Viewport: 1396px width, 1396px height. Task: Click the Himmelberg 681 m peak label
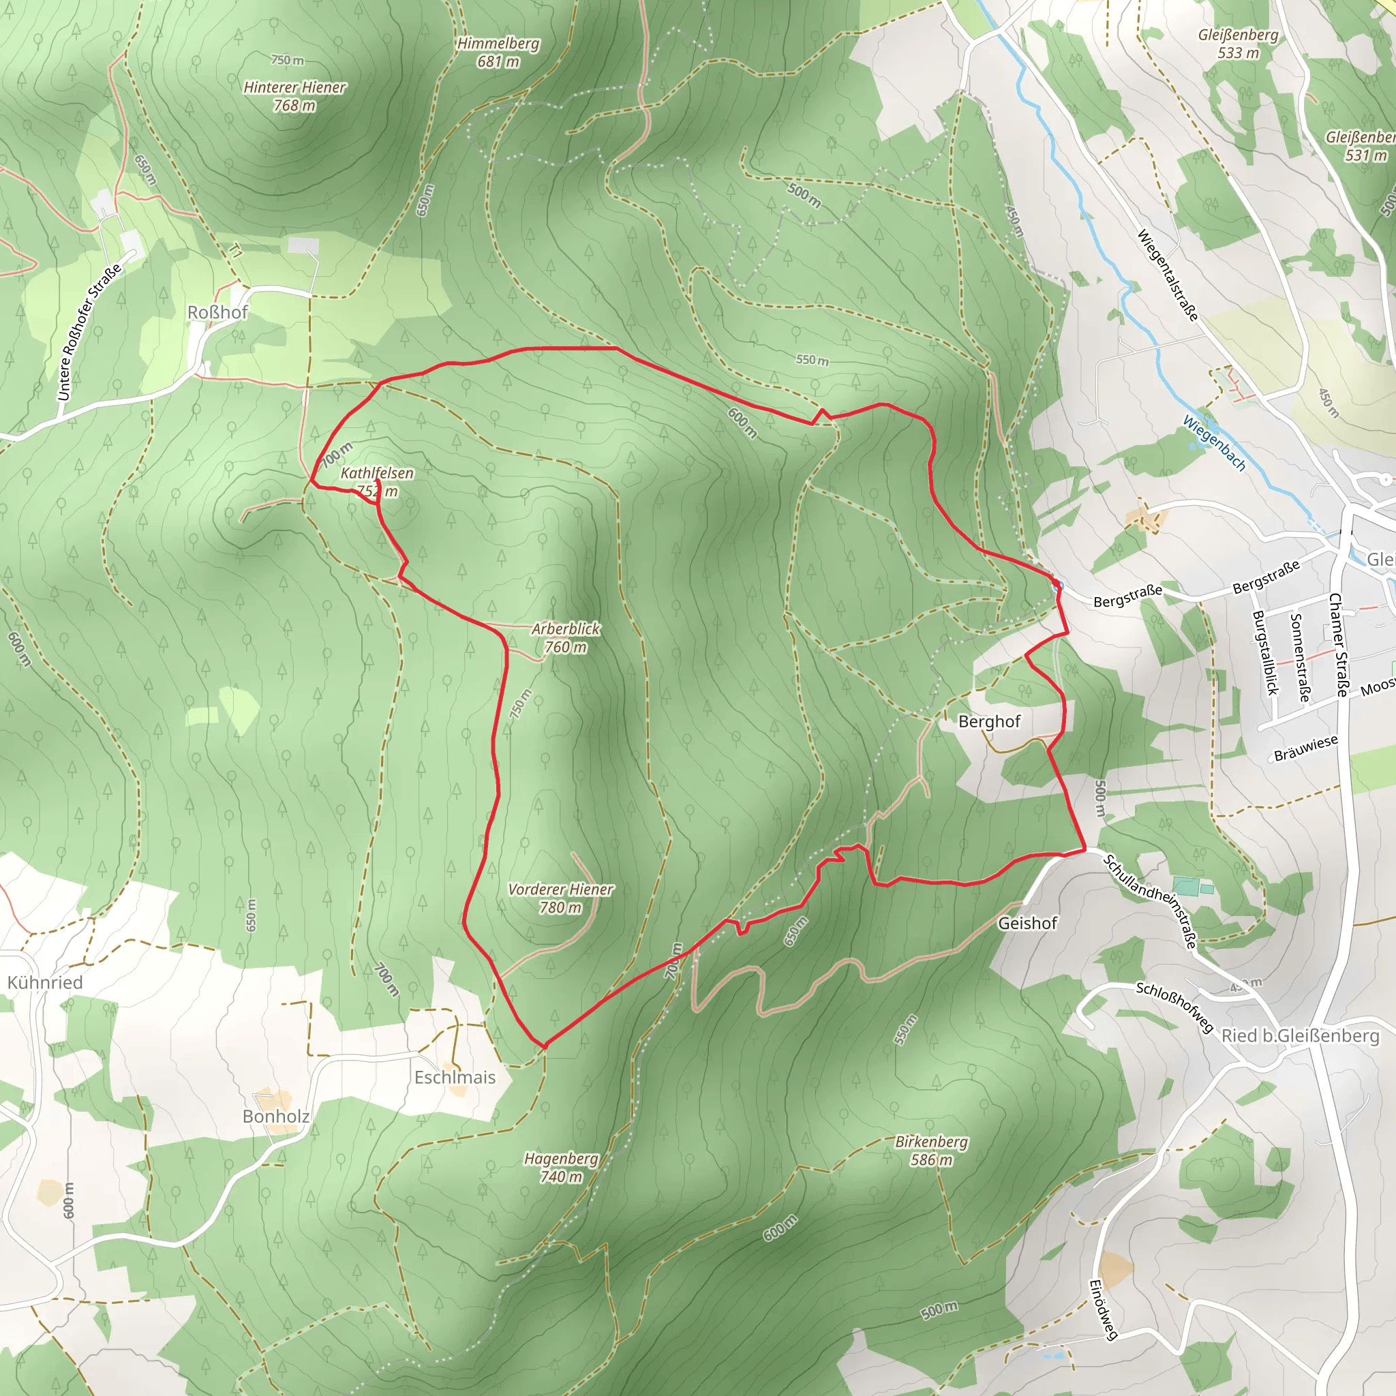[498, 52]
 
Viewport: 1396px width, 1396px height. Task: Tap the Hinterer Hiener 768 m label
[294, 96]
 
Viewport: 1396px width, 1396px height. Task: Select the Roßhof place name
[217, 312]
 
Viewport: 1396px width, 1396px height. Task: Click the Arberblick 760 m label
[566, 637]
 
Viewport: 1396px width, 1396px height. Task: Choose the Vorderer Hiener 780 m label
[561, 898]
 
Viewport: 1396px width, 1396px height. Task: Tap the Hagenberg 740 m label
[562, 1167]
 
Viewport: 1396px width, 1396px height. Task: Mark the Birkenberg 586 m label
[931, 1151]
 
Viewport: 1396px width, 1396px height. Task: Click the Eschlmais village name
[455, 1078]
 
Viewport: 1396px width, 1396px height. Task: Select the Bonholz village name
[276, 1117]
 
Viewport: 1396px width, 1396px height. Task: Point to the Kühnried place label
[45, 983]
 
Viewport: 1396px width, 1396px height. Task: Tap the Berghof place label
[989, 721]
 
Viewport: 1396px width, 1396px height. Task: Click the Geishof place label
[1027, 923]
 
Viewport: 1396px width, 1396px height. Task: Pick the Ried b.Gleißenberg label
[1300, 1035]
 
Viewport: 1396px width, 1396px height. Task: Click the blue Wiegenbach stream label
[1215, 443]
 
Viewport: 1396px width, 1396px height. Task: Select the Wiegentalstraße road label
[1168, 275]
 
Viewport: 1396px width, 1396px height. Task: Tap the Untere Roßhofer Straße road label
[89, 333]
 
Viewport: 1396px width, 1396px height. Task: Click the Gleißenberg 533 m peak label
[1238, 44]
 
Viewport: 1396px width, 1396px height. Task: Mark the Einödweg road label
[1104, 1309]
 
